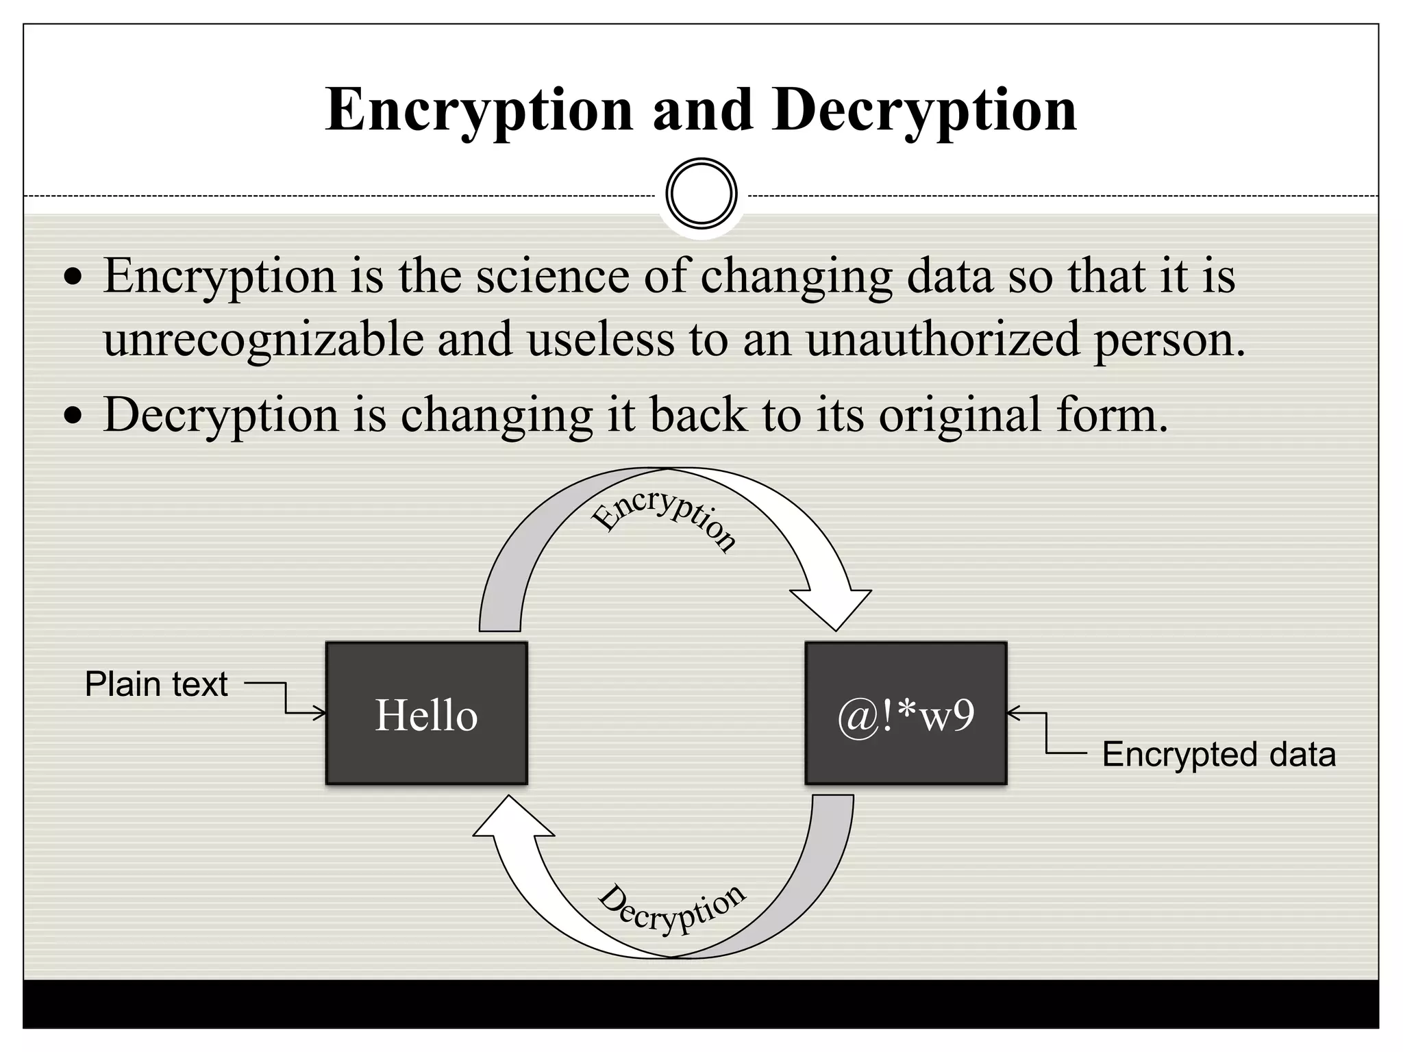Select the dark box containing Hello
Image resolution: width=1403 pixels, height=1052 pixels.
coord(426,713)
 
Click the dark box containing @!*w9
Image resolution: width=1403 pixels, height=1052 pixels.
coord(906,713)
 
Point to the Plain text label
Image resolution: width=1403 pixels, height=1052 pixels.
coord(156,684)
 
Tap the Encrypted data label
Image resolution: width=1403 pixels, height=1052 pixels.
coord(1218,755)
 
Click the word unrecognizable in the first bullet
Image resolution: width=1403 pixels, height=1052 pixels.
coord(264,340)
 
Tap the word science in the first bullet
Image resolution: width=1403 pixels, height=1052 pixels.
coord(552,276)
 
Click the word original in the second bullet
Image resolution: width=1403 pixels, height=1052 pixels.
coord(959,415)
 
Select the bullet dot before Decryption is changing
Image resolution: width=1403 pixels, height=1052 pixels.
coord(72,416)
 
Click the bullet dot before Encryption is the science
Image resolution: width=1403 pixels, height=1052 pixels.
coord(72,277)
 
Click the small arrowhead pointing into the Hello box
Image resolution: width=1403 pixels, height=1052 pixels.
coord(320,714)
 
